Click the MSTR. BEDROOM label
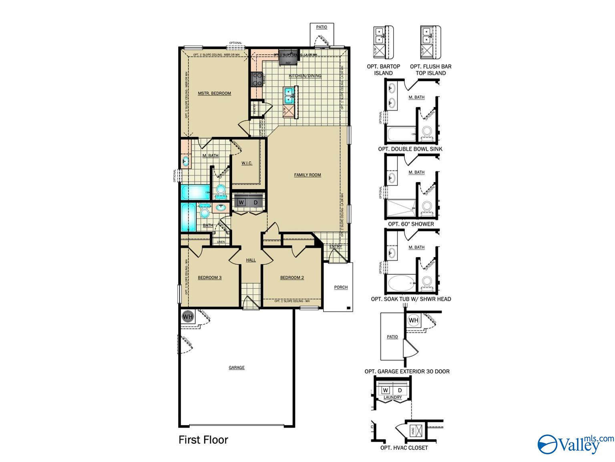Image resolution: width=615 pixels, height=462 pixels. pyautogui.click(x=214, y=93)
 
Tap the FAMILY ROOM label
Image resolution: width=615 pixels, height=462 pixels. pyautogui.click(x=307, y=175)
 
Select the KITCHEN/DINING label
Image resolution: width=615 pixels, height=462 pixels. pyautogui.click(x=305, y=76)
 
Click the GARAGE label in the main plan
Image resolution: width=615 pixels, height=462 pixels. pyautogui.click(x=236, y=367)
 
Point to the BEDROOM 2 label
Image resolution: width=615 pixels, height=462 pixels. pyautogui.click(x=292, y=278)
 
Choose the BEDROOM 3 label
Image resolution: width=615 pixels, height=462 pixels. pyautogui.click(x=209, y=278)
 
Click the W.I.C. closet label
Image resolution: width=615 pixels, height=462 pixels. pyautogui.click(x=247, y=163)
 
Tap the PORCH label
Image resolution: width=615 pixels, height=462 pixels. pyautogui.click(x=341, y=287)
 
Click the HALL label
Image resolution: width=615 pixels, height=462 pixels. pyautogui.click(x=251, y=260)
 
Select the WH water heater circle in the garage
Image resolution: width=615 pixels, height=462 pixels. pyautogui.click(x=187, y=316)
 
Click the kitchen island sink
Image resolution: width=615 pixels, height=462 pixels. pyautogui.click(x=289, y=97)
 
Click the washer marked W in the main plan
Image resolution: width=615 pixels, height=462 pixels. pyautogui.click(x=241, y=203)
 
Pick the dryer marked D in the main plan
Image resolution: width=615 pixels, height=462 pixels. pyautogui.click(x=255, y=203)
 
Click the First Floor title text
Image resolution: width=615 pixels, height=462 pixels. pyautogui.click(x=203, y=440)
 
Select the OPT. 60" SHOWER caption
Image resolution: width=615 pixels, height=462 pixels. pyautogui.click(x=411, y=224)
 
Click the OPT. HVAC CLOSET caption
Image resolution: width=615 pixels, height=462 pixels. pyautogui.click(x=404, y=448)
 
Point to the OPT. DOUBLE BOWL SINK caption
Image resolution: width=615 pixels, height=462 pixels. pyautogui.click(x=410, y=149)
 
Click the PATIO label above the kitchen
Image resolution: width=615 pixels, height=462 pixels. pyautogui.click(x=322, y=27)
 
